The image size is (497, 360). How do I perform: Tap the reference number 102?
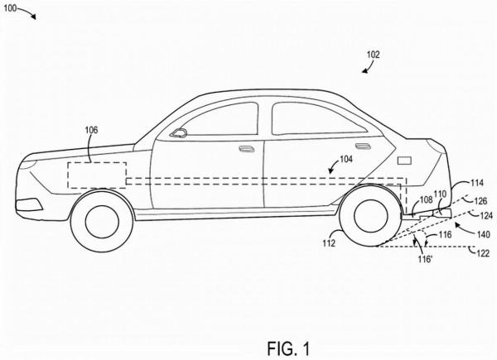374,55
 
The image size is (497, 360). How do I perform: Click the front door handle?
245,149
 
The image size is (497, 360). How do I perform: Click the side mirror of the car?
178,132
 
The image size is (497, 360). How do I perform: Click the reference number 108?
425,199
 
